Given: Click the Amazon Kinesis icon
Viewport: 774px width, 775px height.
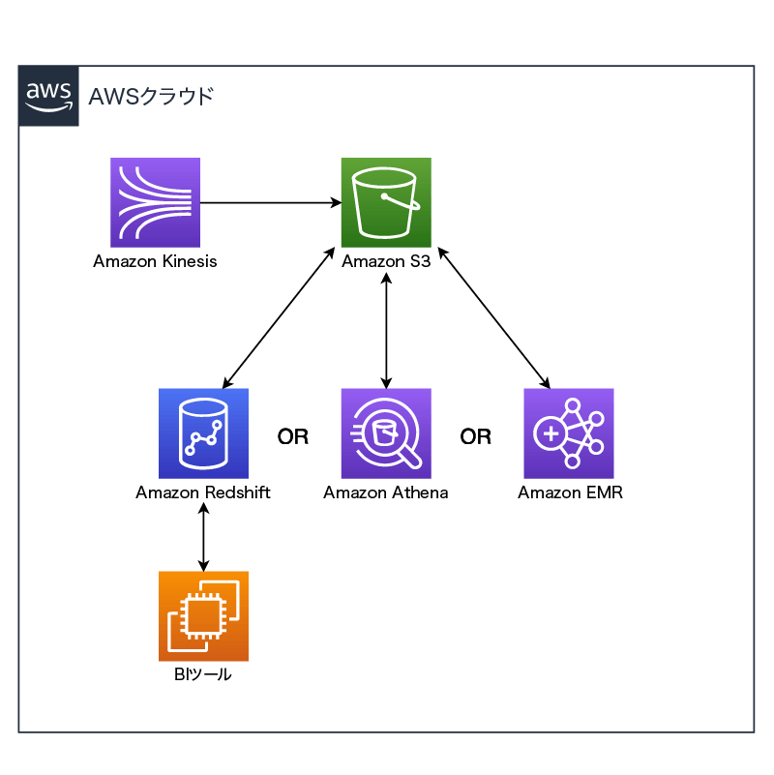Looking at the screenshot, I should tap(155, 202).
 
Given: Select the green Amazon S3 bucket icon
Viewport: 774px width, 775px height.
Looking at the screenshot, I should tap(386, 202).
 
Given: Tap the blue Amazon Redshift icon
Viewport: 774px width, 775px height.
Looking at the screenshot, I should tap(203, 433).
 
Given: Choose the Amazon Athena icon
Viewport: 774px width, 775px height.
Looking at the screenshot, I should tap(386, 433).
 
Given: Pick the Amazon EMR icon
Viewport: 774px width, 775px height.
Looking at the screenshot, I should tap(569, 433).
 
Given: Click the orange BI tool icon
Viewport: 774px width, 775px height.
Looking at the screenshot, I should tap(203, 616).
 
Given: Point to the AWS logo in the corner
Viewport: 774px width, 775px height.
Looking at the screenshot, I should tap(48, 96).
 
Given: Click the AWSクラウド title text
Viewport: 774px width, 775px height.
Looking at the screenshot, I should tap(150, 96).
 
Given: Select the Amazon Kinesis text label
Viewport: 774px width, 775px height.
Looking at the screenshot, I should tap(155, 261).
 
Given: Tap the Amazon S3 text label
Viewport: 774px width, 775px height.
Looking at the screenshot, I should tap(386, 261).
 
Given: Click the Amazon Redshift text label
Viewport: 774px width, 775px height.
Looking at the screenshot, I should tap(203, 492).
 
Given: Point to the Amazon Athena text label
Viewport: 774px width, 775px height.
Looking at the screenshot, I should tap(386, 492).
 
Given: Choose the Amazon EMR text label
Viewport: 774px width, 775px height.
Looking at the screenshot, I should tap(570, 492).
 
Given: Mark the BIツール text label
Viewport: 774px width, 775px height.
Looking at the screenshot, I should tap(203, 674).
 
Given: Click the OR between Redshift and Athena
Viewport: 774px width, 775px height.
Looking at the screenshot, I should tap(293, 437).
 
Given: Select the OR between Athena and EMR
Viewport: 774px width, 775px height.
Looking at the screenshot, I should tap(476, 437).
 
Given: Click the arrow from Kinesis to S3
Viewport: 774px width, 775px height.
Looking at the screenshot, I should tap(270, 202).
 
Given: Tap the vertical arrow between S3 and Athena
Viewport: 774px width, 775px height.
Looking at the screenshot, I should tap(386, 329).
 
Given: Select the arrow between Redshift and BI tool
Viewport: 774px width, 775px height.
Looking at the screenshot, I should tap(203, 536).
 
